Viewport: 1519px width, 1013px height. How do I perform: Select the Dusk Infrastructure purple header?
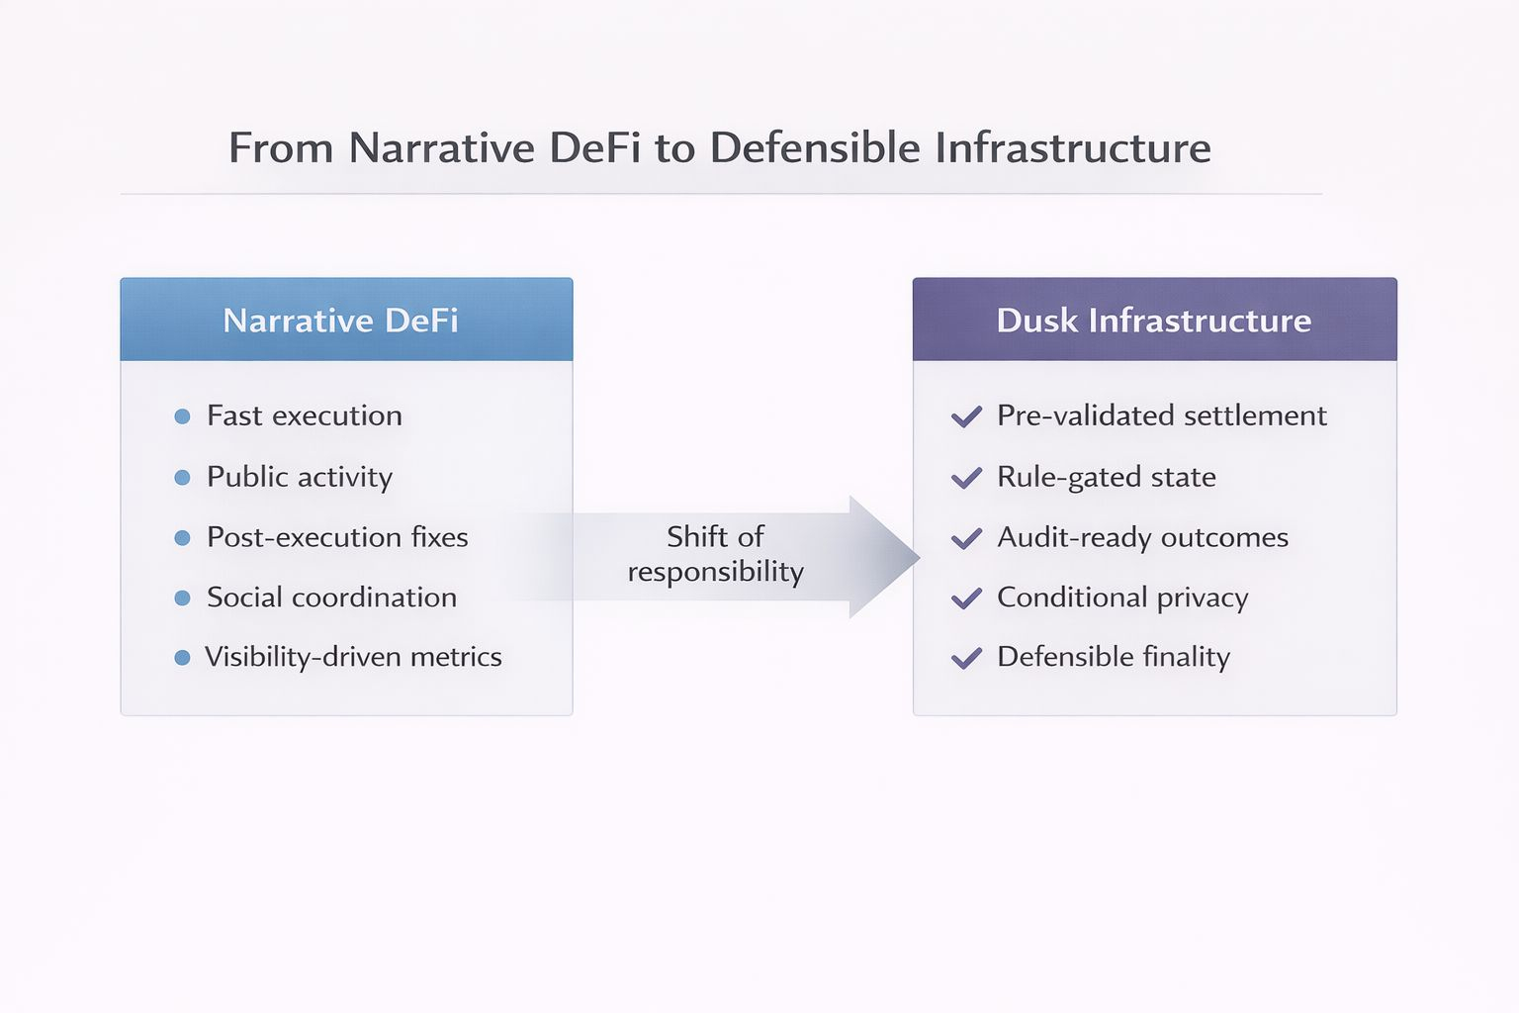click(x=1154, y=320)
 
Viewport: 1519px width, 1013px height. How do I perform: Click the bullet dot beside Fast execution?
click(x=182, y=416)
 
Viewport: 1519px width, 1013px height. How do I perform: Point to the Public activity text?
click(x=300, y=477)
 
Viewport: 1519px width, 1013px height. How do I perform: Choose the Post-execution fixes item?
click(x=337, y=537)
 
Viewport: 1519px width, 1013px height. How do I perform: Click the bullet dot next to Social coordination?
click(x=182, y=599)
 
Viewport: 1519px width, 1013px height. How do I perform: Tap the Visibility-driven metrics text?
click(x=353, y=657)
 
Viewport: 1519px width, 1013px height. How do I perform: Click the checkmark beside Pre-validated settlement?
click(x=966, y=416)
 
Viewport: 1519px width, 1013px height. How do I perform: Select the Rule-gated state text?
click(x=1106, y=477)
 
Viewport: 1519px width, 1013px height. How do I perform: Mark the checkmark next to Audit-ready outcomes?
click(x=966, y=538)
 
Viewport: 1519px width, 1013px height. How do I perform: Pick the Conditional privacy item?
click(x=1122, y=598)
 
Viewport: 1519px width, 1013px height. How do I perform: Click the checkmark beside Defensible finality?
click(x=966, y=658)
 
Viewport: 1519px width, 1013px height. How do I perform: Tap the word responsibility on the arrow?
click(x=715, y=572)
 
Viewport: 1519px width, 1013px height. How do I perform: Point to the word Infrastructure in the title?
click(x=1073, y=148)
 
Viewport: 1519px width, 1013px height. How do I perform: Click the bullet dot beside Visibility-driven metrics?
click(x=182, y=658)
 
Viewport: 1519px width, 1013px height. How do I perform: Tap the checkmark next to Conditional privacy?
click(x=966, y=599)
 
